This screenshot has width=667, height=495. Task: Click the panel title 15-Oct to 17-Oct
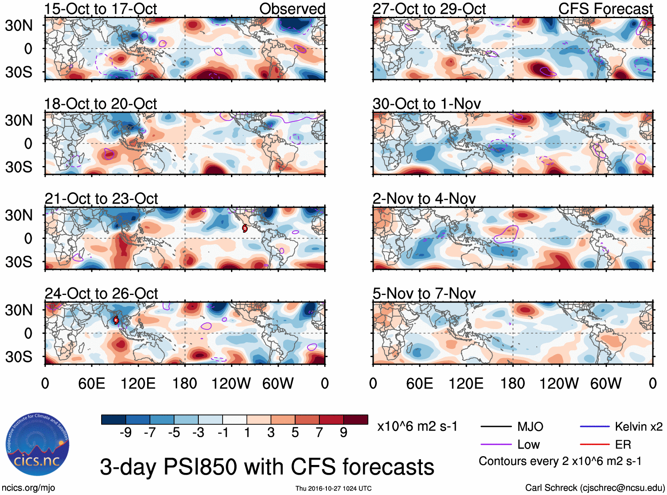pos(100,9)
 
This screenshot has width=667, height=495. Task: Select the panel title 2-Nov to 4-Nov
pos(424,199)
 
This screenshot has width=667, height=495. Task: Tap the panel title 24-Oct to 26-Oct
pos(101,294)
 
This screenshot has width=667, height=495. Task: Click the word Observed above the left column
pos(292,9)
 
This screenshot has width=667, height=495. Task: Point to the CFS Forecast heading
pos(605,9)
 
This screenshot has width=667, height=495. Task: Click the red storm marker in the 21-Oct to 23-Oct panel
pos(245,228)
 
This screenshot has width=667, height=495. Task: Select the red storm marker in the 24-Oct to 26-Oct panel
pos(116,320)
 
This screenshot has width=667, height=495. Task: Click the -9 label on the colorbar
pos(125,433)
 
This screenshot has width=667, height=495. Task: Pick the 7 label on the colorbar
pos(319,433)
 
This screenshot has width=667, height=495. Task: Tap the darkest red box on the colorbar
pos(356,419)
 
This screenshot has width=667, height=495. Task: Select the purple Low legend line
pos(496,445)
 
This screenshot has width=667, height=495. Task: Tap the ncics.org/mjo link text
pos(28,488)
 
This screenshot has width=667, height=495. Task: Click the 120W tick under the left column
pos(231,383)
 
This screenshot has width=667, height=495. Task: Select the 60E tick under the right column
pos(420,383)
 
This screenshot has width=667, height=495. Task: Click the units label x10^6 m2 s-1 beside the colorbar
pos(417,427)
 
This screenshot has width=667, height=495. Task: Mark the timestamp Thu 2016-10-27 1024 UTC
pos(333,488)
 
